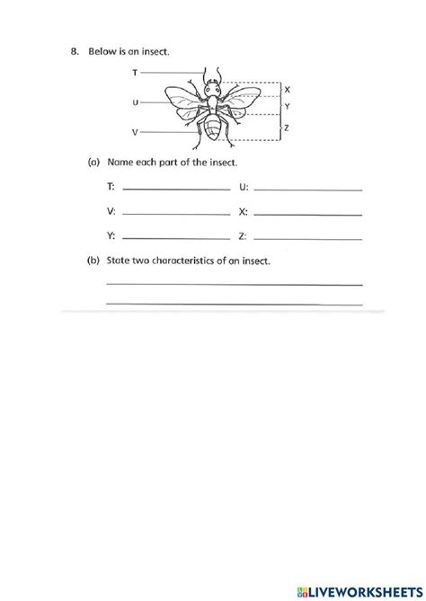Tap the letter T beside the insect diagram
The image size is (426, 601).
[x=135, y=70]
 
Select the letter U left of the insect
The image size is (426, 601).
[x=135, y=102]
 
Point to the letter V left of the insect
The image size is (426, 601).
[x=135, y=132]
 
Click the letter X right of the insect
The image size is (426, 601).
[x=287, y=90]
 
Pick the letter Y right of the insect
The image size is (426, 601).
[x=287, y=106]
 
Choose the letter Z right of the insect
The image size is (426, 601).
[x=287, y=128]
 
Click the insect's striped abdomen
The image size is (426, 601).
[x=213, y=129]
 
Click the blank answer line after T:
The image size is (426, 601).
[x=175, y=188]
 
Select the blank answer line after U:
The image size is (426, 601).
[x=308, y=188]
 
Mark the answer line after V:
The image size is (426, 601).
[x=175, y=213]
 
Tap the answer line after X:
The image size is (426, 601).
[x=308, y=213]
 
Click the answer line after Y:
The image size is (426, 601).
[x=175, y=237]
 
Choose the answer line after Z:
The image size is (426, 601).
[x=308, y=237]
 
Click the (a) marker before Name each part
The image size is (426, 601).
[x=93, y=163]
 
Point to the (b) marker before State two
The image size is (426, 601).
[x=93, y=261]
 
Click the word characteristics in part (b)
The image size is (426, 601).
[x=189, y=261]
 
